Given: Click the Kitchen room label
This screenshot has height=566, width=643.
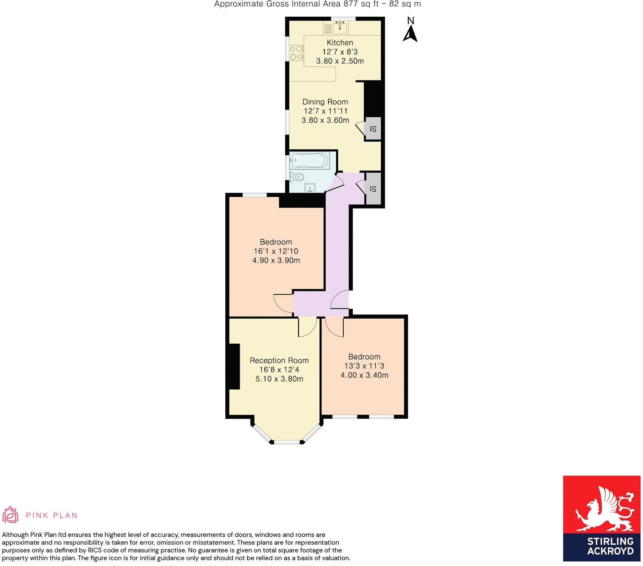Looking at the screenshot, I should tap(339, 43).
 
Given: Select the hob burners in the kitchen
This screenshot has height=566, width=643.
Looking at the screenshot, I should tap(296, 53).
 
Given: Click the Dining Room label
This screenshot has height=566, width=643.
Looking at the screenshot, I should tap(325, 102).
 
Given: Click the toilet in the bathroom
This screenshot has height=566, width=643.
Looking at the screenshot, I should tap(298, 177).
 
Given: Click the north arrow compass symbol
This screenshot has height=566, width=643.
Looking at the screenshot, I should tap(410, 30).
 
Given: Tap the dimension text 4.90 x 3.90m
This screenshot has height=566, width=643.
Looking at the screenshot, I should tap(276, 260).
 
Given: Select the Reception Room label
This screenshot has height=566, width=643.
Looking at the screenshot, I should tap(279, 360).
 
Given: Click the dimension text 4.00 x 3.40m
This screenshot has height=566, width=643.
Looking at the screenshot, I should tap(364, 375).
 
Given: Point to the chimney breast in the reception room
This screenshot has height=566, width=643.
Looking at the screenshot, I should tap(233, 367).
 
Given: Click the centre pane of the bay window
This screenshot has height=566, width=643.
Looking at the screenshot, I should tap(287, 442).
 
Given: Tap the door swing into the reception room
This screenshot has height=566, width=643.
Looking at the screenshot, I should tap(306, 328).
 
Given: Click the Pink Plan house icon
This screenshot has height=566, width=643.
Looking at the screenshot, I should tap(10, 515).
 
